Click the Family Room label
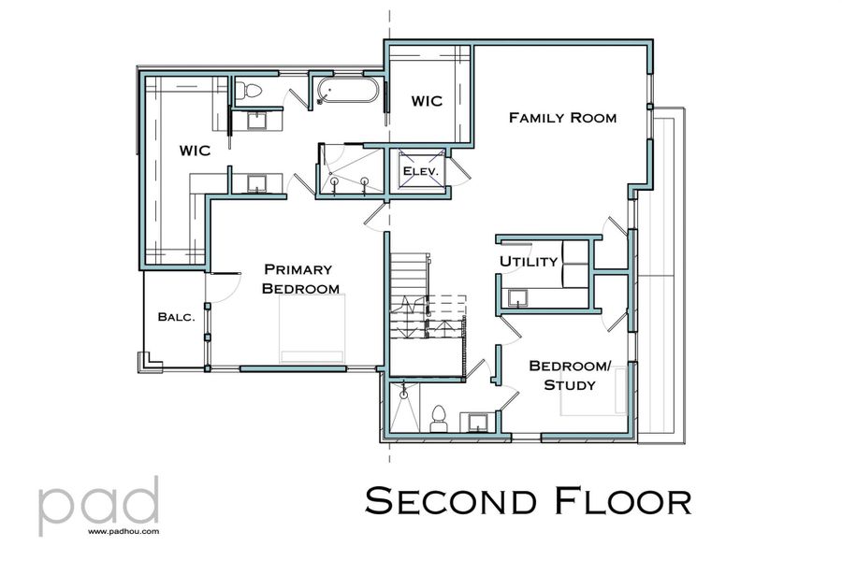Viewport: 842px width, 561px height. [x=562, y=118]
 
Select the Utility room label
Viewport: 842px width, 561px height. [x=529, y=261]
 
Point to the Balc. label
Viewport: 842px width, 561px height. [x=176, y=317]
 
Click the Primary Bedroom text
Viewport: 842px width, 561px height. [x=299, y=278]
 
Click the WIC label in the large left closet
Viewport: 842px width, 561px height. [x=195, y=150]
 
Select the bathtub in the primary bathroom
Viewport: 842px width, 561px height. [x=348, y=92]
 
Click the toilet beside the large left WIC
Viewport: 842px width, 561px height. [x=246, y=91]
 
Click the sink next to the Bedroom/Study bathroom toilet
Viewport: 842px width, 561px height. [x=476, y=422]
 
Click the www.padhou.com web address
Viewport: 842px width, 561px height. [x=124, y=531]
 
